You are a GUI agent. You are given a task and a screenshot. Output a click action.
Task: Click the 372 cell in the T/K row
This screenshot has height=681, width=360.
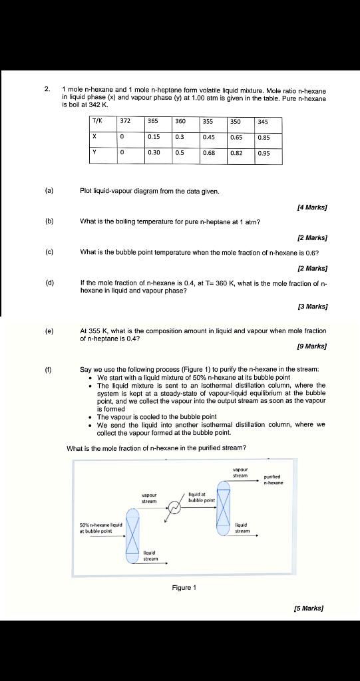point(124,122)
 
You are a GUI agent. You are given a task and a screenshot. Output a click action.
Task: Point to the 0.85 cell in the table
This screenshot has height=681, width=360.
point(264,137)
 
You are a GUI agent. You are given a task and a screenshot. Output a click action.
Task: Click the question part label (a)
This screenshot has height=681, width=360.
point(49,191)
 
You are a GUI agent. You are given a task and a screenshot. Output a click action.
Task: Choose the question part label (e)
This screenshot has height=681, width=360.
point(49,330)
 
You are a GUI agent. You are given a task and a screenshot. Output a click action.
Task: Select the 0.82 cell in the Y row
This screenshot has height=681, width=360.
point(236,152)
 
